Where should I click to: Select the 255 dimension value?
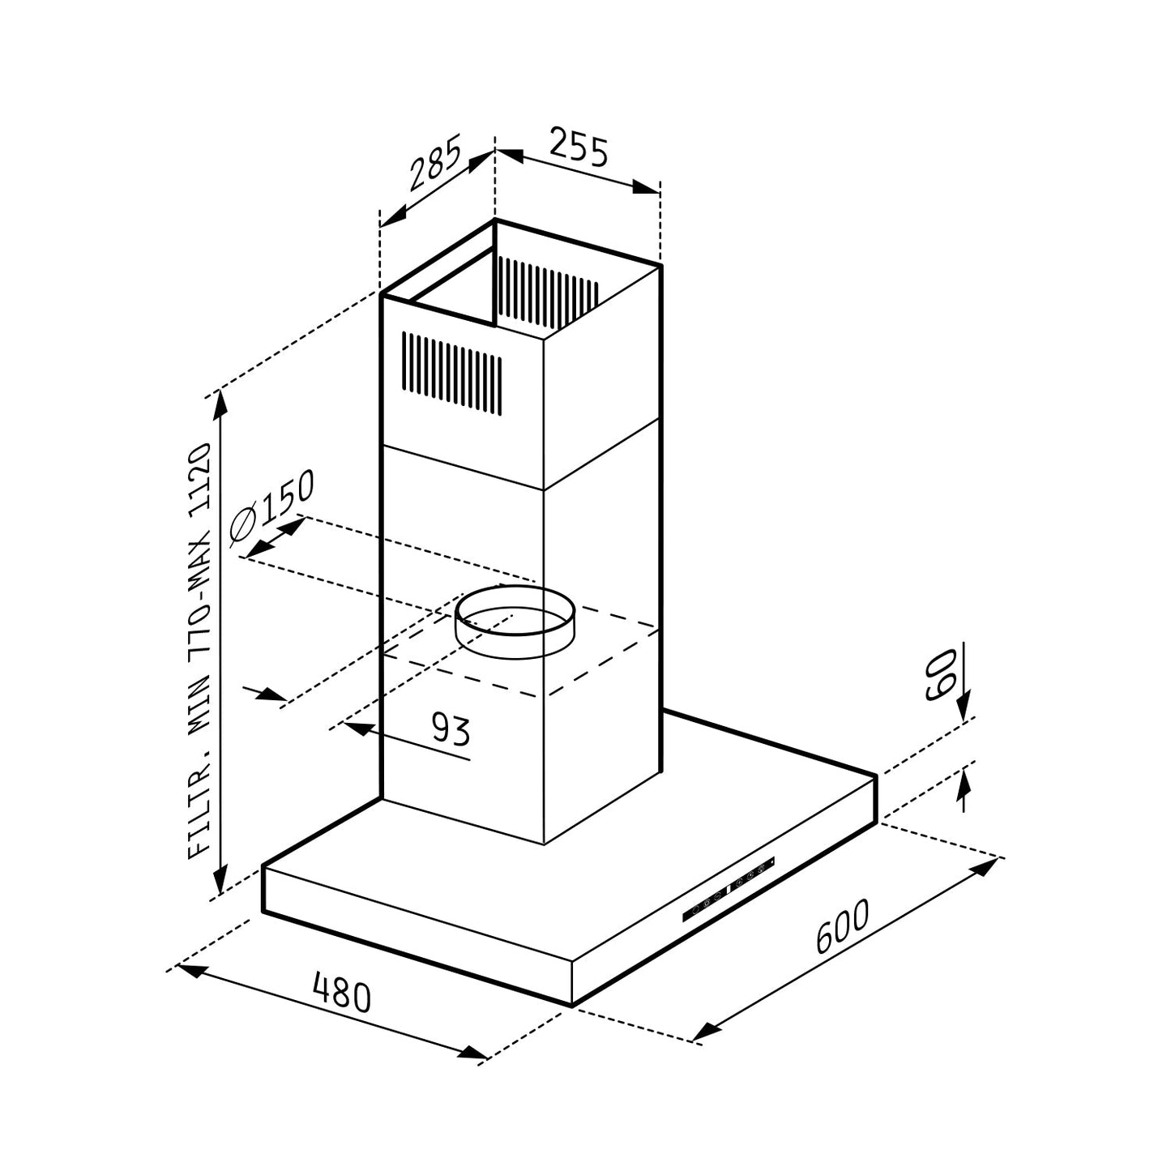point(579,147)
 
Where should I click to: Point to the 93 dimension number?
point(450,729)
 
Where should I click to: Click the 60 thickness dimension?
point(942,673)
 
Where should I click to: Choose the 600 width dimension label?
point(842,927)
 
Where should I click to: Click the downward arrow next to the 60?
point(963,707)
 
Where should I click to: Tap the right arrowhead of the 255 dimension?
point(647,187)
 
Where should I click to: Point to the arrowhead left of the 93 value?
point(357,727)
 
